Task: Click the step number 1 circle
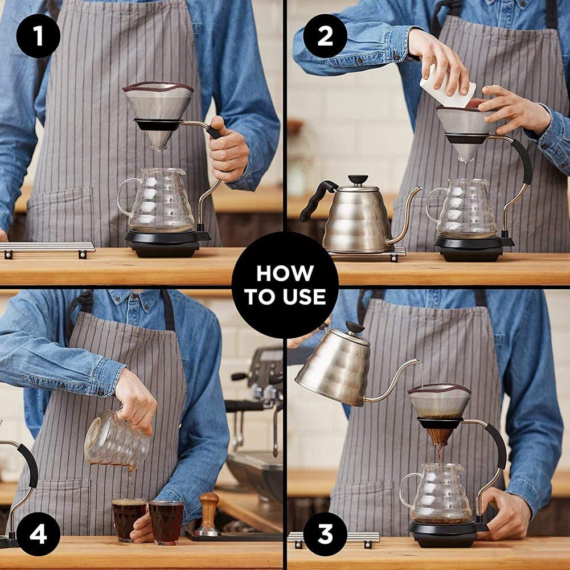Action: pos(38,36)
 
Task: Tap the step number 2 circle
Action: pos(325,36)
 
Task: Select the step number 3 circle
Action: pos(325,534)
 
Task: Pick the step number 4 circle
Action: pos(38,534)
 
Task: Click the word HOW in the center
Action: pos(285,273)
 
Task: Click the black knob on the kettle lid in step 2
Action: pos(358,179)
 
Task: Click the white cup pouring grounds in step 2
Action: pos(447,87)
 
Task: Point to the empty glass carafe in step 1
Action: pos(157,199)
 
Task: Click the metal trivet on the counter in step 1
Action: pos(47,249)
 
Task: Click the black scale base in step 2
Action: pos(473,248)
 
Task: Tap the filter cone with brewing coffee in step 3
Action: pos(440,413)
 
